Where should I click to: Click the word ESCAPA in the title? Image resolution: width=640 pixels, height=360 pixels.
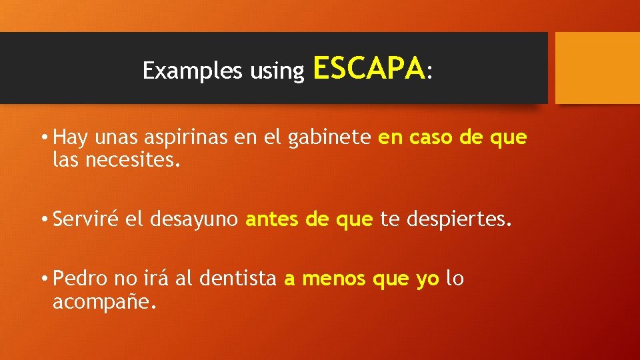pos(368,68)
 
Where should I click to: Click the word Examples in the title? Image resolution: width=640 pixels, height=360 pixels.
pos(193,71)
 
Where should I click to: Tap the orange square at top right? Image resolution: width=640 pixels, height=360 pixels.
pos(597,68)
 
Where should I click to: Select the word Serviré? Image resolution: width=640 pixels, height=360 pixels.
pos(86,220)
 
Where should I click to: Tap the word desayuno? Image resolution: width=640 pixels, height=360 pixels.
pos(194,220)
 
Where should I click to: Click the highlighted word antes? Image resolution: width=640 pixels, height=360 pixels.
pos(273,220)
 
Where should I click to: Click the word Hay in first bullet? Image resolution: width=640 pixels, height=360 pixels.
pos(68,138)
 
